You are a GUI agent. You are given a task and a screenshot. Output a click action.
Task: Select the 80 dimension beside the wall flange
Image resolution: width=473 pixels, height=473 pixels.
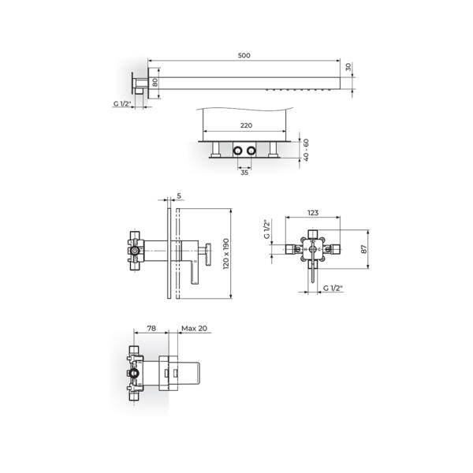point(155,81)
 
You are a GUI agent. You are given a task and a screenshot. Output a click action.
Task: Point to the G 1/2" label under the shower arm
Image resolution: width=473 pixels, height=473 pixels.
point(122,102)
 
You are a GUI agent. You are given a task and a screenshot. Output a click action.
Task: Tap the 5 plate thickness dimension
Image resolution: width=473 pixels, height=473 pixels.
point(180,196)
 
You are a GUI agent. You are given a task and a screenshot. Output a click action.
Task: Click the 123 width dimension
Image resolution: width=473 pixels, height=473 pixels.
point(313,212)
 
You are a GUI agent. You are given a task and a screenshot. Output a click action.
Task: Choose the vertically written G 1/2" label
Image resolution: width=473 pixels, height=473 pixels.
point(266,229)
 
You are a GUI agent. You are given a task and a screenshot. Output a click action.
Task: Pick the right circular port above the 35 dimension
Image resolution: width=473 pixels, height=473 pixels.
point(252,149)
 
